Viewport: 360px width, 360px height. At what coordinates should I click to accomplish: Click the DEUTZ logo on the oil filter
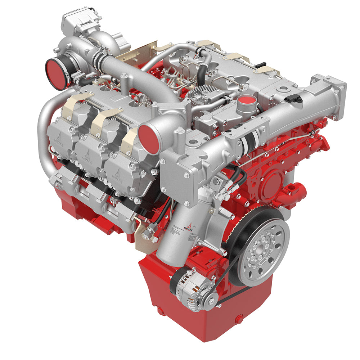pos(186,227)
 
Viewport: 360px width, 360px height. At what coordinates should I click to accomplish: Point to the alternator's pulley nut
pos(211,297)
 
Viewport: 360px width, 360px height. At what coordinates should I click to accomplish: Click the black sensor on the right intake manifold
pos(296,98)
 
